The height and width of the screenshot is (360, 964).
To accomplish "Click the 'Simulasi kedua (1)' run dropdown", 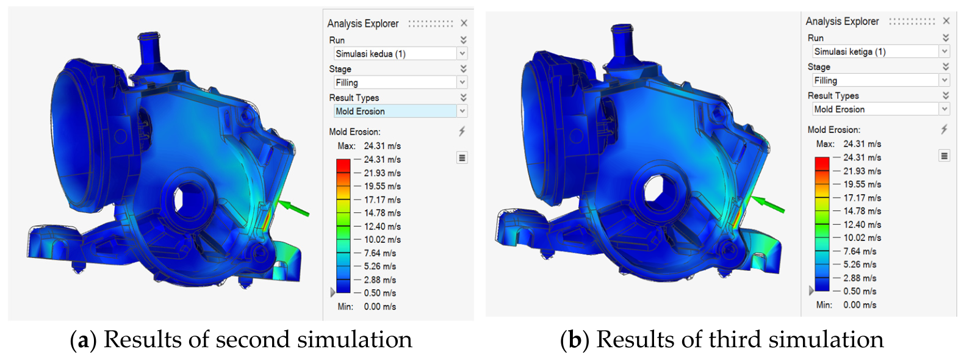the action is click(400, 54).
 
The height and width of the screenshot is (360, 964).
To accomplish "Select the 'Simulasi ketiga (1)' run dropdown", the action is click(880, 52).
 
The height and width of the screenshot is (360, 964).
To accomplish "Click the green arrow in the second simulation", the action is click(294, 207).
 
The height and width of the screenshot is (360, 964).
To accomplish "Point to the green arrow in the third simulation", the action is click(768, 204).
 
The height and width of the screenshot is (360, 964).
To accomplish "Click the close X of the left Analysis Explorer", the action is click(464, 23).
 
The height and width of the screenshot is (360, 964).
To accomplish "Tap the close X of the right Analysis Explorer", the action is click(946, 21).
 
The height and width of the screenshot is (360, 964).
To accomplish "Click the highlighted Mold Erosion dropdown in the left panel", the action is click(400, 111).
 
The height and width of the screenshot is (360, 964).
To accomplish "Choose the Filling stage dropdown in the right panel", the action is click(880, 81).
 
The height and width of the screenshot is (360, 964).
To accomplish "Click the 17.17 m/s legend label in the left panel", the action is click(382, 200).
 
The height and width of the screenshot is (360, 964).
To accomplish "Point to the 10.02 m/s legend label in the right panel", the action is click(862, 238).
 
